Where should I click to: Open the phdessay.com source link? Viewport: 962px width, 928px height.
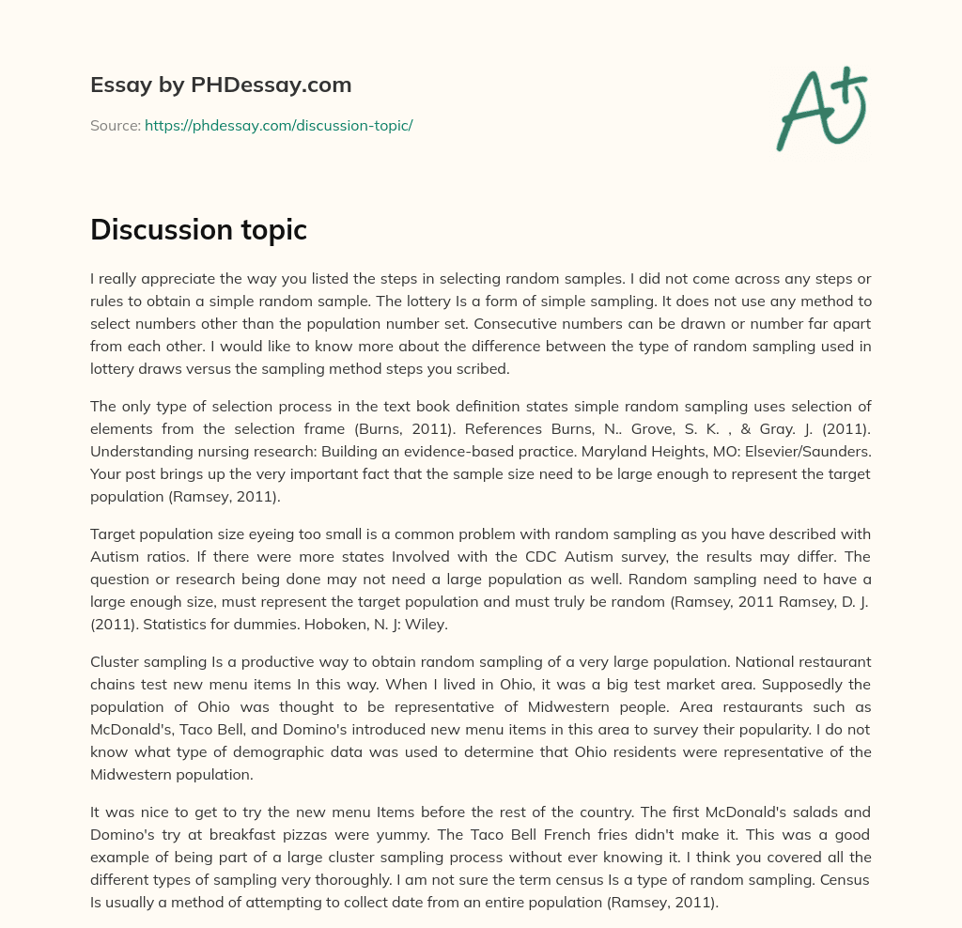pyautogui.click(x=278, y=125)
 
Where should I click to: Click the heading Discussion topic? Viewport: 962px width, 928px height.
pyautogui.click(x=198, y=229)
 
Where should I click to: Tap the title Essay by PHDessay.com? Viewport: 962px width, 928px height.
pyautogui.click(x=221, y=85)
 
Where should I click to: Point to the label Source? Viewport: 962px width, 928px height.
pyautogui.click(x=115, y=125)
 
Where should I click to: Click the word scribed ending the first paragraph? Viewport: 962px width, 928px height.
pyautogui.click(x=482, y=369)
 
